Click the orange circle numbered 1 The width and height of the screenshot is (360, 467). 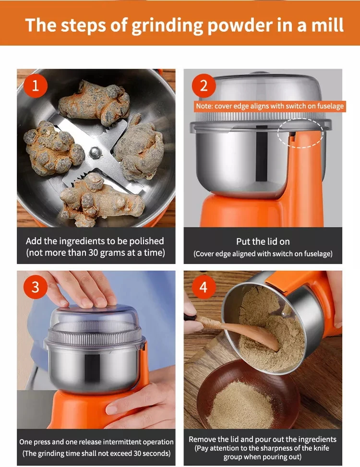click(x=36, y=86)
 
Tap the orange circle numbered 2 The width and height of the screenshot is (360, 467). click(x=204, y=86)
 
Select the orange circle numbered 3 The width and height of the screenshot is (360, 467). click(x=36, y=287)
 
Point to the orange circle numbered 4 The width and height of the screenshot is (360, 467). click(x=204, y=287)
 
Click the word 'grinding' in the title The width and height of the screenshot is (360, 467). click(x=168, y=25)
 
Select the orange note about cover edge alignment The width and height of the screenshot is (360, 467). click(x=270, y=107)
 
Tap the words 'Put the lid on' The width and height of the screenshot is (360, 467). click(x=263, y=241)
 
